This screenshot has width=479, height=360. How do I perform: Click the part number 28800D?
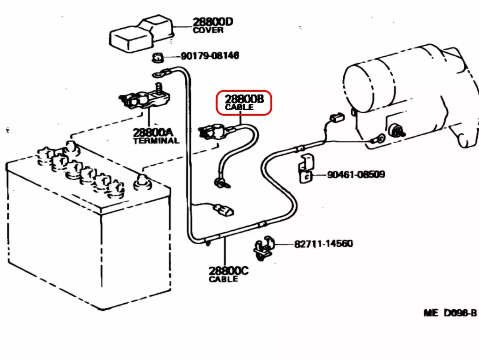pos(212,22)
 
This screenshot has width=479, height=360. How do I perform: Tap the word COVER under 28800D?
pos(208,30)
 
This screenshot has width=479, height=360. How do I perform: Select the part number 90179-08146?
pos(210,56)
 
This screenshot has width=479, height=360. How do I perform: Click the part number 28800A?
pos(153,132)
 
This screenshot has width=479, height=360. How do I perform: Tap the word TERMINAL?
pos(156,140)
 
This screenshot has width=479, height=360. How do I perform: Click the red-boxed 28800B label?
pos(244,103)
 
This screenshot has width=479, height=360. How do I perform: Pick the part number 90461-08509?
pos(356,175)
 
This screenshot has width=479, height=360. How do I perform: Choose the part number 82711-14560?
pos(323,243)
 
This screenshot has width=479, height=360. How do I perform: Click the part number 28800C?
pos(228,271)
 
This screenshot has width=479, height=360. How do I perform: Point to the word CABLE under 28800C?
pos(223,279)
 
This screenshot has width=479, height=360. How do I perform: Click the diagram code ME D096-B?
pos(450,313)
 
